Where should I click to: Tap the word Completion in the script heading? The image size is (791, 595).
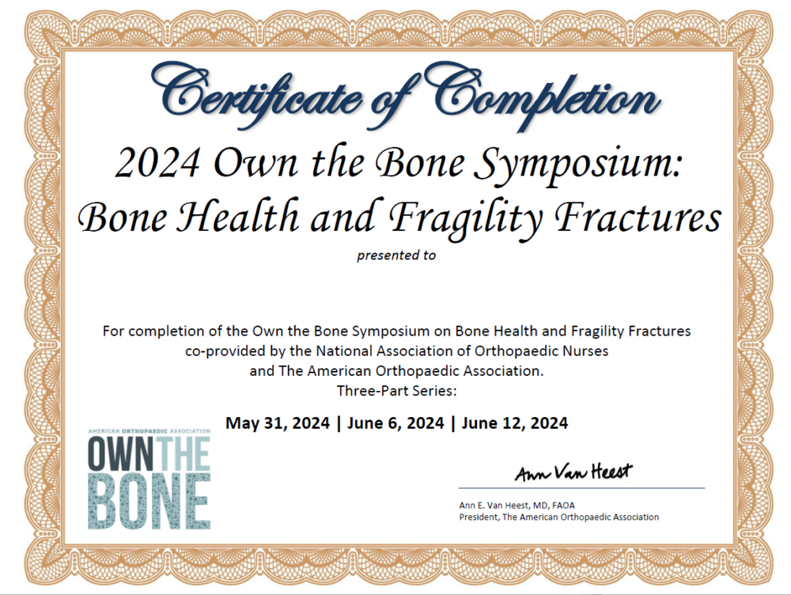546,97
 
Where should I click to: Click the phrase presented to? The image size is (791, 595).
396,256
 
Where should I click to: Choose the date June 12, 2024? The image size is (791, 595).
514,423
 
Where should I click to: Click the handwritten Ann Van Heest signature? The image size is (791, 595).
573,473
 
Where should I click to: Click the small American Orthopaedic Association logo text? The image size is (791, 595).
149,431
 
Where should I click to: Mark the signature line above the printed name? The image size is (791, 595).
581,488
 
